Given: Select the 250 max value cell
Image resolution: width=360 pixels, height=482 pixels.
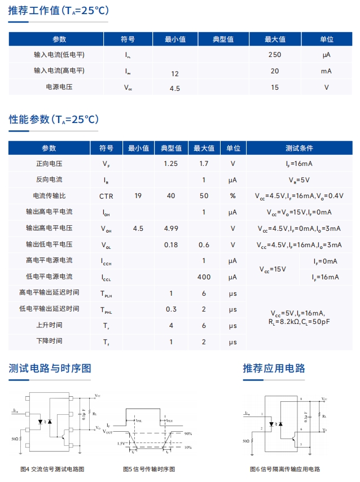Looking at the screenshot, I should click(274, 55).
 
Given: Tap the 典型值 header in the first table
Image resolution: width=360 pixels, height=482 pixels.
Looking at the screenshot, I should click(223, 40).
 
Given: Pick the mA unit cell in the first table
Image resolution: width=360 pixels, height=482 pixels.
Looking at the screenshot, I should click(326, 71).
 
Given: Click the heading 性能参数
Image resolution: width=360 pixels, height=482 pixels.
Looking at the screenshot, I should click(53, 120).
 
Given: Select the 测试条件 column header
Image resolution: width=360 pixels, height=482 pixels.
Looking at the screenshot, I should click(299, 148).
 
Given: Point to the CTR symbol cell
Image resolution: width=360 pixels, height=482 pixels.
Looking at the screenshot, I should click(106, 196).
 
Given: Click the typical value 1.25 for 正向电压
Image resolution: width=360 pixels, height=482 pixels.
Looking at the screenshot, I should click(170, 164).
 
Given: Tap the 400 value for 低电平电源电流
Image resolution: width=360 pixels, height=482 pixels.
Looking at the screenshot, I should click(204, 277).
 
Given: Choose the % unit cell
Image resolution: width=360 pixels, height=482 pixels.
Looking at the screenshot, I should click(232, 196).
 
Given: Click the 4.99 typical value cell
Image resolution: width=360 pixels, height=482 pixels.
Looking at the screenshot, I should click(170, 229).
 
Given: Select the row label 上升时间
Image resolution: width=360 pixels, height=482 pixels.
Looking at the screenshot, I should click(49, 326).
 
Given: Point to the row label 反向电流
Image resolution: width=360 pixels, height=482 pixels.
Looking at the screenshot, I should click(49, 180).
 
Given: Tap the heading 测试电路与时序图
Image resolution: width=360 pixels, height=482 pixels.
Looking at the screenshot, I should click(50, 369).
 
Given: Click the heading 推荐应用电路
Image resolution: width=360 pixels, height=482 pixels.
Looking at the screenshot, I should click(274, 369).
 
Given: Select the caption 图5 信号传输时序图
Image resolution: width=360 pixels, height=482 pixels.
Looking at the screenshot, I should click(149, 469).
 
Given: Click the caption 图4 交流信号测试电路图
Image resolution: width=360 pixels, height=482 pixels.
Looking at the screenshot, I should click(52, 469).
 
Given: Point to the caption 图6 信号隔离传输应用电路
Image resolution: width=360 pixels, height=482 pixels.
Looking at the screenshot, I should click(285, 469).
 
